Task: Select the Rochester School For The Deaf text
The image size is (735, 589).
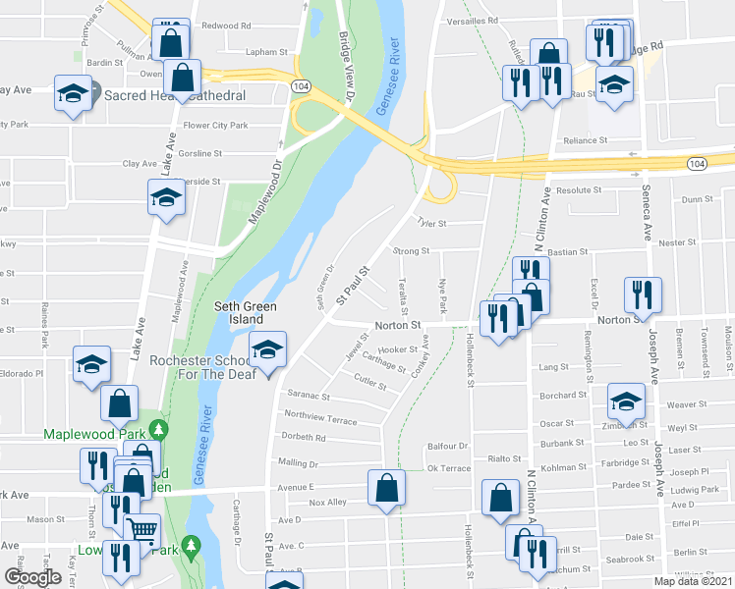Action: [x=202, y=366]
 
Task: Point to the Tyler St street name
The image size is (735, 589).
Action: [x=431, y=224]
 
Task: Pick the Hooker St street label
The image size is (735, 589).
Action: [x=398, y=349]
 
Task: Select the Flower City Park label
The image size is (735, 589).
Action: [x=216, y=126]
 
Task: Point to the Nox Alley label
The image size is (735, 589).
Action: [x=327, y=503]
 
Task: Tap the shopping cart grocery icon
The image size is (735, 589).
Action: [x=142, y=530]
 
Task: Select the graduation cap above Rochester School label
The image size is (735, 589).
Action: [x=268, y=348]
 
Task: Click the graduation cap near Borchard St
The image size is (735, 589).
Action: [x=625, y=399]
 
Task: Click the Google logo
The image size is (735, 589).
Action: [x=32, y=578]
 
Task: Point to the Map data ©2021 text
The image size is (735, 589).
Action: [x=693, y=581]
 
